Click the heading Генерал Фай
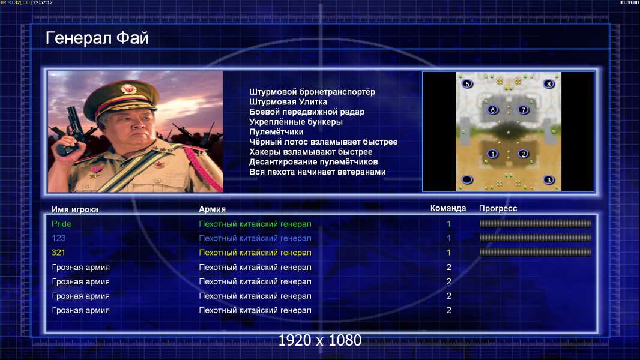click(x=97, y=38)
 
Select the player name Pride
click(x=61, y=224)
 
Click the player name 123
click(x=58, y=238)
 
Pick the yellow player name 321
click(x=58, y=253)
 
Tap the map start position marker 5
click(x=467, y=84)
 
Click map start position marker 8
click(x=549, y=84)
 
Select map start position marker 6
click(x=493, y=110)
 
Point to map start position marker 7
click(x=524, y=110)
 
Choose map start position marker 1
click(x=493, y=154)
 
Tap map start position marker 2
click(x=524, y=154)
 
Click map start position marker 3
click(x=549, y=180)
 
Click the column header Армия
click(x=213, y=209)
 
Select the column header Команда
click(x=448, y=208)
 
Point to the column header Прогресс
click(x=498, y=209)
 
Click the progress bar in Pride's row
click(x=536, y=223)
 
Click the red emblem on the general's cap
click(x=128, y=89)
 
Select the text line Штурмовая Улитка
click(x=288, y=102)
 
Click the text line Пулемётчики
click(x=276, y=132)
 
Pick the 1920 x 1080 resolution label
click(x=320, y=340)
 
